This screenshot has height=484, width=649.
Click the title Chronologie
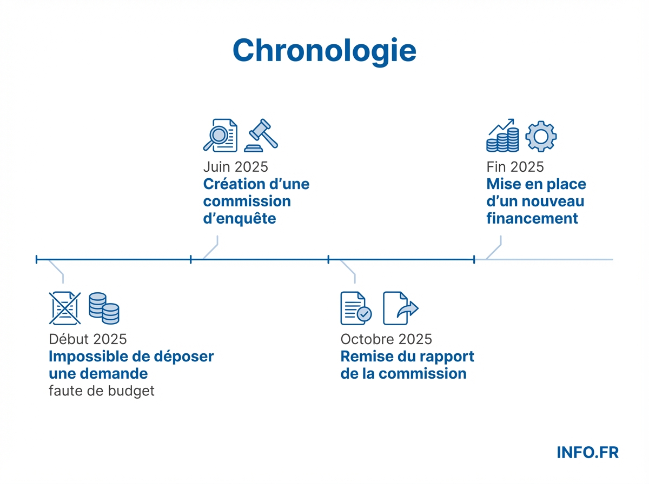pos(324,50)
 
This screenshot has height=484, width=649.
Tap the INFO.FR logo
pos(587,452)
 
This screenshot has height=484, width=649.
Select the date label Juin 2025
pos(235,166)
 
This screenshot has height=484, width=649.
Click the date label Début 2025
pos(88,339)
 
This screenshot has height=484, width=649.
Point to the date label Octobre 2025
pos(386,339)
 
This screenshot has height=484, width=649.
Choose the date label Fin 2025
pos(515,166)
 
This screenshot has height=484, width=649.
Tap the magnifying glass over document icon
pos(220,135)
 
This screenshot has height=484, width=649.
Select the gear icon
pos(541,136)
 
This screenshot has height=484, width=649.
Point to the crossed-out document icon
pos(65,308)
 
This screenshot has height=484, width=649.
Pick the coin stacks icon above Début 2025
pos(104,308)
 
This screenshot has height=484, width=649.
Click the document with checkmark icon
pos(356,308)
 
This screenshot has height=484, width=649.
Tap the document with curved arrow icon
pos(400,308)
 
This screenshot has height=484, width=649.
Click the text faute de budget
pos(101,391)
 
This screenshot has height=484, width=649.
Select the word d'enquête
pos(239,218)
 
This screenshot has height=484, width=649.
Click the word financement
pos(532,218)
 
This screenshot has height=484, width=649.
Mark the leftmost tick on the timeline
pos(37,260)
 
